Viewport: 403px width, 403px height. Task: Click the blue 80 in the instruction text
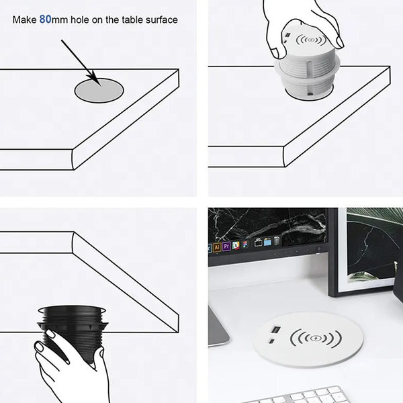click(45, 19)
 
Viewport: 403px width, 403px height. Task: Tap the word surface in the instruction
click(161, 20)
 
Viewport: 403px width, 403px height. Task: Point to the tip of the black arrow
click(99, 85)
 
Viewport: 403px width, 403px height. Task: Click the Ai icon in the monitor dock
click(217, 247)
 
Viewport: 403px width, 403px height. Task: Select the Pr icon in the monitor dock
click(226, 247)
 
